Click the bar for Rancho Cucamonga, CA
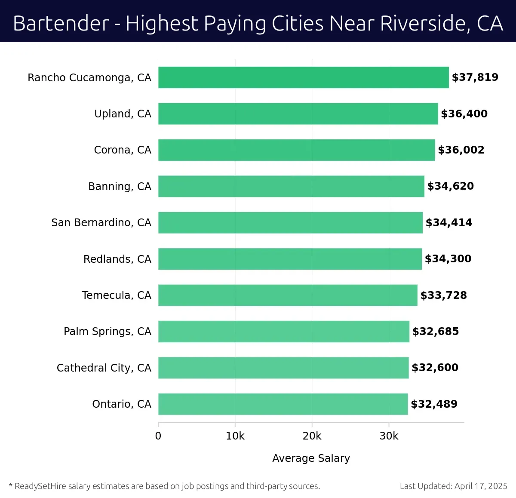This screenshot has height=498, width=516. pyautogui.click(x=303, y=77)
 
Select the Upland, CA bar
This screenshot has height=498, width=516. pyautogui.click(x=298, y=114)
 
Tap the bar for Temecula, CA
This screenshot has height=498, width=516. pyautogui.click(x=288, y=295)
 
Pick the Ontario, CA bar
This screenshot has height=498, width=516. pyautogui.click(x=283, y=404)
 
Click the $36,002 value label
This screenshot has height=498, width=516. pyautogui.click(x=461, y=150)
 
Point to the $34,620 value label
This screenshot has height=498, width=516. pyautogui.click(x=450, y=186)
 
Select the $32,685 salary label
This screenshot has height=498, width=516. pyautogui.click(x=436, y=332)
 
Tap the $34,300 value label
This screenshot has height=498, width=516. pyautogui.click(x=448, y=259)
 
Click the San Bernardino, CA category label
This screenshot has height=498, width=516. pyautogui.click(x=101, y=223)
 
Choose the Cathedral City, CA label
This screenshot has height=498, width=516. pyautogui.click(x=104, y=368)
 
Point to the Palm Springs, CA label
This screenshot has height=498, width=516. pyautogui.click(x=107, y=332)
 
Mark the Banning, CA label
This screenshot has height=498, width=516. pyautogui.click(x=120, y=187)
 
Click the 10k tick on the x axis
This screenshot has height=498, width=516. pyautogui.click(x=235, y=436)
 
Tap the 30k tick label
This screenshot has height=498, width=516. pyautogui.click(x=389, y=436)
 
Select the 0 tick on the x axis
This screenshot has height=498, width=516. pyautogui.click(x=158, y=436)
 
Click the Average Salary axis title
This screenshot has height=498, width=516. pyautogui.click(x=311, y=458)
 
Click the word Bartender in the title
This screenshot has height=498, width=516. pyautogui.click(x=61, y=23)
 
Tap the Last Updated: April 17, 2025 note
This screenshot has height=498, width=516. pyautogui.click(x=453, y=486)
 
